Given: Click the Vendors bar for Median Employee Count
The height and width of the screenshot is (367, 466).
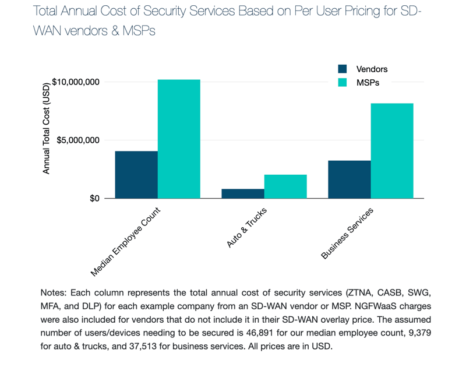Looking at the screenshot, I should click(x=136, y=175).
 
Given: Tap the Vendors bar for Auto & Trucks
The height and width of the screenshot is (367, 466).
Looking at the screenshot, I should click(x=243, y=193).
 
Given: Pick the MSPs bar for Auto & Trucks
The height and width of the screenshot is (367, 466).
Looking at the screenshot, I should click(x=285, y=186).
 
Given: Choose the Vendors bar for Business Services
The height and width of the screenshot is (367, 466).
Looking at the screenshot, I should click(x=349, y=179).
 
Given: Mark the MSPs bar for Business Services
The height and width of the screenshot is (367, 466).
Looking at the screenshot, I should click(x=392, y=151).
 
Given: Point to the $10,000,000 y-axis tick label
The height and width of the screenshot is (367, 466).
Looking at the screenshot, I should click(x=76, y=82).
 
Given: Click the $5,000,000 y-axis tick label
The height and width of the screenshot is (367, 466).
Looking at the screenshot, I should click(x=78, y=140).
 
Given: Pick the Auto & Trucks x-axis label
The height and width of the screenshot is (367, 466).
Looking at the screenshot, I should click(x=246, y=228).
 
